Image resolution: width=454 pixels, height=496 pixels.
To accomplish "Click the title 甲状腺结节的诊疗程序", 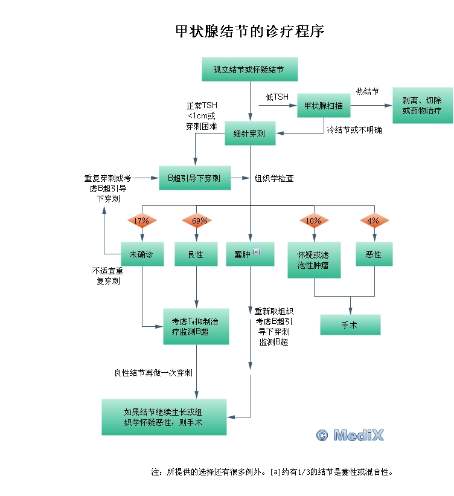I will [249, 31].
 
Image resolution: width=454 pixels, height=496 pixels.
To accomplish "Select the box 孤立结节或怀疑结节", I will [251, 69].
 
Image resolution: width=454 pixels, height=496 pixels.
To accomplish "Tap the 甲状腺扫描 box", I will [323, 106].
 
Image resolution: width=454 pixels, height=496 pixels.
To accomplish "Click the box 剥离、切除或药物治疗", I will [422, 106].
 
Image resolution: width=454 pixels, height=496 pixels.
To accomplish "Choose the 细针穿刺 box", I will [249, 134].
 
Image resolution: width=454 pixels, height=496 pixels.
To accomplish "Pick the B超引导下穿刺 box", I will [194, 178].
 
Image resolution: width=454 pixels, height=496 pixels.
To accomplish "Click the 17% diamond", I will [141, 221].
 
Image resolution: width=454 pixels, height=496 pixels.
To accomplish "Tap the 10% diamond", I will [313, 221].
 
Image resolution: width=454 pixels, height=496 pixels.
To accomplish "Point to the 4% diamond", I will [374, 221].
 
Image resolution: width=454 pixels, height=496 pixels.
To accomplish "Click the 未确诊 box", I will [141, 254].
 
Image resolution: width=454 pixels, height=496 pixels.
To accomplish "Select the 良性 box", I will [196, 254].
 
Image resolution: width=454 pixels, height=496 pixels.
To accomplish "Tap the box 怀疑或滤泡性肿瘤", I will [314, 260].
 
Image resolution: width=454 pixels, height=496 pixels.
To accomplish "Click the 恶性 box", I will [374, 254].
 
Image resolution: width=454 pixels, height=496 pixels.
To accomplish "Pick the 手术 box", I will [350, 324].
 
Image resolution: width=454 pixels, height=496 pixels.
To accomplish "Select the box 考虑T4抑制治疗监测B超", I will [196, 326].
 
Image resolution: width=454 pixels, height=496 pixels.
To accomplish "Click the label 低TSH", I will [277, 97].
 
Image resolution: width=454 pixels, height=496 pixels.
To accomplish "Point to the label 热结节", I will [367, 91].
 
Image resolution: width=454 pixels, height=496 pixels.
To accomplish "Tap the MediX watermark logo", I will [350, 434].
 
